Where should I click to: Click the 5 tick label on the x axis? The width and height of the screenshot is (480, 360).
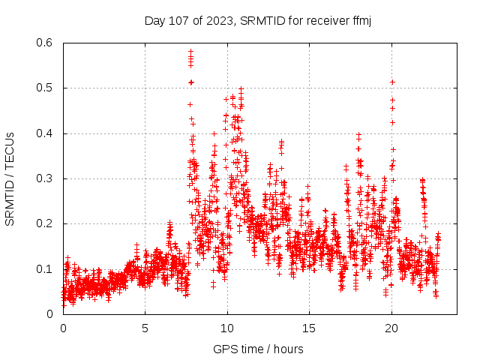click(x=145, y=328)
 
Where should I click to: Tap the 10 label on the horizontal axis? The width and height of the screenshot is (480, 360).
click(x=227, y=328)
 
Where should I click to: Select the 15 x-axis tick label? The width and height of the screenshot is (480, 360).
click(x=309, y=328)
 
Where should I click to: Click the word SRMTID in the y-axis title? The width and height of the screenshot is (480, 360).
click(x=10, y=198)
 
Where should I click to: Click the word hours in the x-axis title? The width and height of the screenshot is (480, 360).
click(x=288, y=349)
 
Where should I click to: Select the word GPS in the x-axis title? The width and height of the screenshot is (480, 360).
click(x=223, y=349)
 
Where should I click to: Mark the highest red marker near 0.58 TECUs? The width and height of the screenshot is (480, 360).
click(x=190, y=51)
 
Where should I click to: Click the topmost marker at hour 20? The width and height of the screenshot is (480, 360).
click(x=392, y=82)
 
